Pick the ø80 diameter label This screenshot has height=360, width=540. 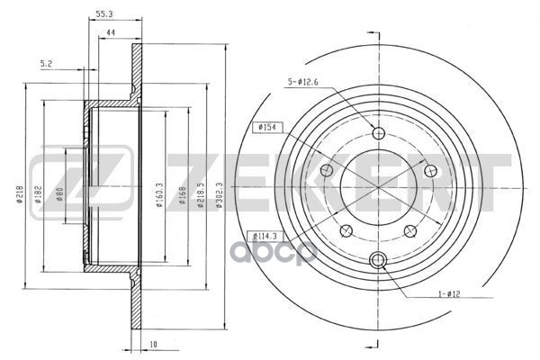tap(59, 195)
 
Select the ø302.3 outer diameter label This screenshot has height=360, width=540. tap(217, 194)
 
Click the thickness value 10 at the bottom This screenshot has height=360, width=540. tap(154, 343)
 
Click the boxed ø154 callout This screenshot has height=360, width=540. tap(269, 128)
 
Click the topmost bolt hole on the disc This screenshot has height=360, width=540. tap(378, 134)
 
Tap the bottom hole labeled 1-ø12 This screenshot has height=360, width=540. tap(378, 261)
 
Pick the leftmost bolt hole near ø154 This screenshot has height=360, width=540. tap(328, 171)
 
